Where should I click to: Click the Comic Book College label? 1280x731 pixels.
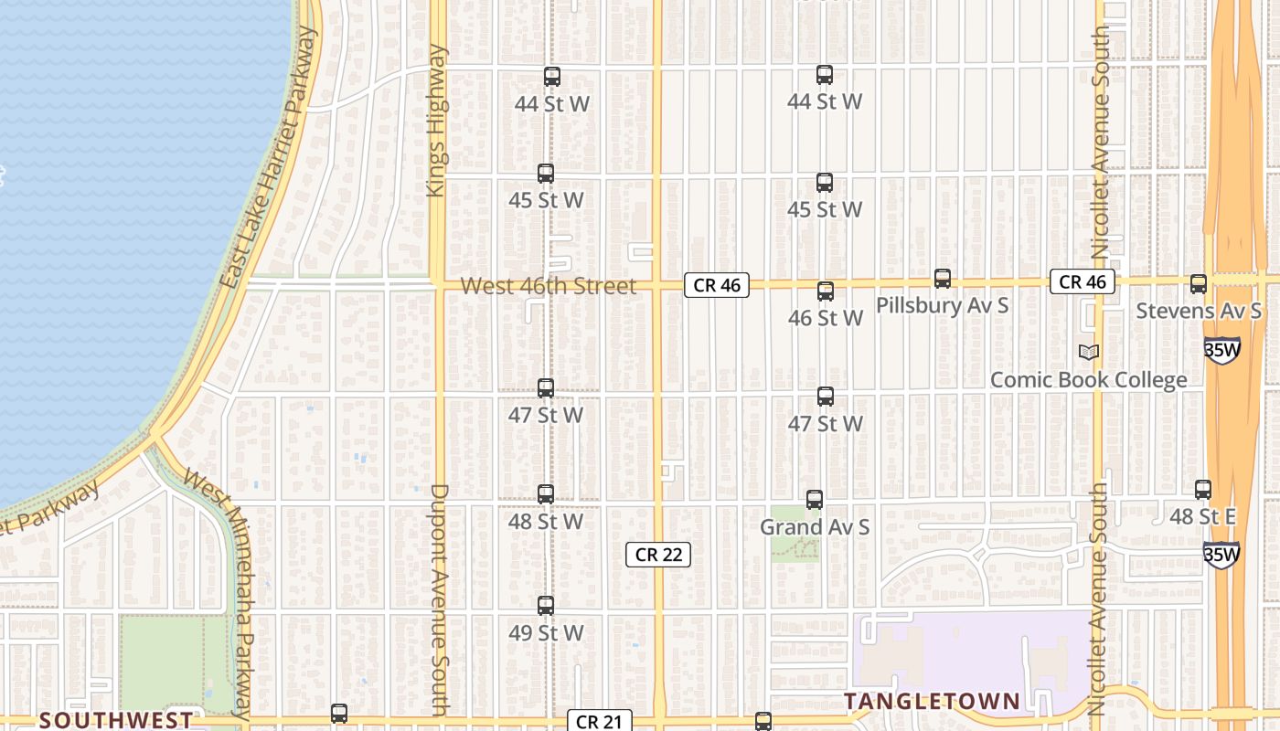(1088, 380)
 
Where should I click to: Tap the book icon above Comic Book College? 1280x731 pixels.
(1088, 352)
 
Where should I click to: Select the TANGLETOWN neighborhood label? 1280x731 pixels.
(932, 701)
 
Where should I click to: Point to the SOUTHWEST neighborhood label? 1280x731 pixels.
(116, 720)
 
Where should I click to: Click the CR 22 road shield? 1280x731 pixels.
(658, 555)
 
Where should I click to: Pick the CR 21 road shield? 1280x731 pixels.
(600, 721)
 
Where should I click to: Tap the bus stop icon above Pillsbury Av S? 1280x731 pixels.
(943, 279)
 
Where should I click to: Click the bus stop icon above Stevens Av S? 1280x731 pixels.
(1199, 284)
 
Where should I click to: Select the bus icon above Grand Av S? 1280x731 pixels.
(815, 500)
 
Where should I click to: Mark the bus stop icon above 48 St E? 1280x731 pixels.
(1203, 490)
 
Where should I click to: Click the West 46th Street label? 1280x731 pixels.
(548, 286)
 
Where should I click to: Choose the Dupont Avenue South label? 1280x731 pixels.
(439, 599)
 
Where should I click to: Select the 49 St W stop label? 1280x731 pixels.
(546, 632)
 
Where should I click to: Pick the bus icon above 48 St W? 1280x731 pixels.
(546, 494)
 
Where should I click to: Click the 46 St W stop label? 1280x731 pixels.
(826, 318)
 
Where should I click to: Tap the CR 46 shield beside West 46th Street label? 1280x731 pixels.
(717, 285)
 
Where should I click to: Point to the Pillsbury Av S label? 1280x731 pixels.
(943, 305)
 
